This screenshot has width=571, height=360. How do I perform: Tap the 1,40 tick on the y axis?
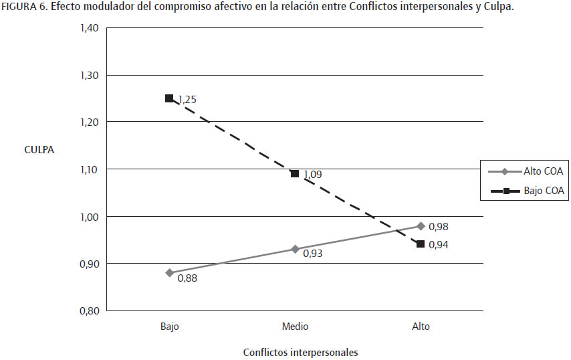click(89, 28)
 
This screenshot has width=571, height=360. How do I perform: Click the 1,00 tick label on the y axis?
click(89, 217)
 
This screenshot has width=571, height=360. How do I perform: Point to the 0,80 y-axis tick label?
click(89, 311)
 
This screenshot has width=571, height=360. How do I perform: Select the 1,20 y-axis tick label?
click(89, 122)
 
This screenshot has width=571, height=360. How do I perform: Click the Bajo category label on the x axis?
click(169, 327)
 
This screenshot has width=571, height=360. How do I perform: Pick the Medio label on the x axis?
click(295, 327)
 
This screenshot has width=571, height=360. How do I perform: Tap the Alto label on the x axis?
click(421, 327)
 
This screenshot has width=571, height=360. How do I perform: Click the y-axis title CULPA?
click(39, 150)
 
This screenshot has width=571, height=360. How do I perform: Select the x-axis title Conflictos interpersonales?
click(301, 352)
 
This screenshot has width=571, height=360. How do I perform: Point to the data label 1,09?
click(312, 175)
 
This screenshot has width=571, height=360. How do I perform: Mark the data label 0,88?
click(187, 278)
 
